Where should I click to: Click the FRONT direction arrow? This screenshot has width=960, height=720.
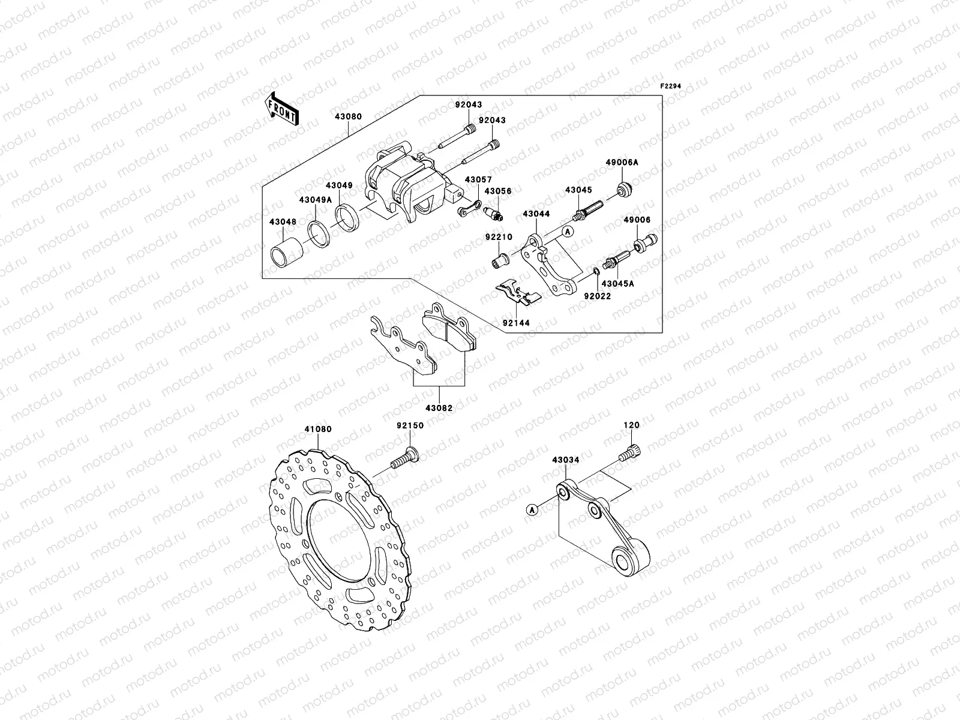coord(283,109)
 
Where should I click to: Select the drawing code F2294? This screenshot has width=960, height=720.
coord(671,86)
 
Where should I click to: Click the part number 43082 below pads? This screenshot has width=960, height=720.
coord(439,408)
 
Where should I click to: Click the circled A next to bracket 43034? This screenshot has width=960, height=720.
coord(532,509)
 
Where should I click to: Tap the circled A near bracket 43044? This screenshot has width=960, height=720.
coord(566,230)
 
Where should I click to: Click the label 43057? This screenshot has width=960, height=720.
coord(478,179)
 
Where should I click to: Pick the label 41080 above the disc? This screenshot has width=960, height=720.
coord(318,430)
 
